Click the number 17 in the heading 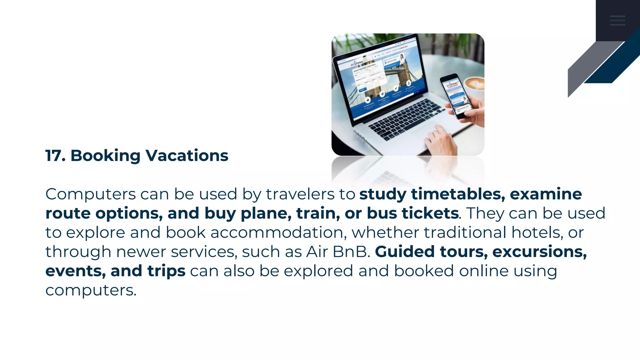click(x=55, y=155)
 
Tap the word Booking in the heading click(x=105, y=156)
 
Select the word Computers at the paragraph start click(x=91, y=194)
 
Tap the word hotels click(x=537, y=233)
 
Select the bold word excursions click(x=539, y=252)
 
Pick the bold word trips click(x=166, y=271)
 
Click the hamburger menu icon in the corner click(x=617, y=20)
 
